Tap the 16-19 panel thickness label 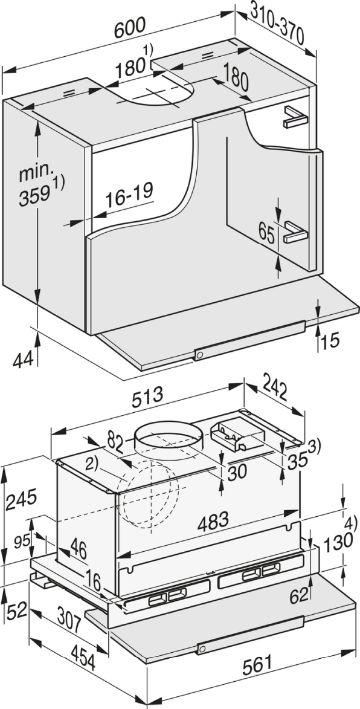[130, 195]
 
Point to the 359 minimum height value [35, 194]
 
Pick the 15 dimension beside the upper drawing [330, 342]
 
